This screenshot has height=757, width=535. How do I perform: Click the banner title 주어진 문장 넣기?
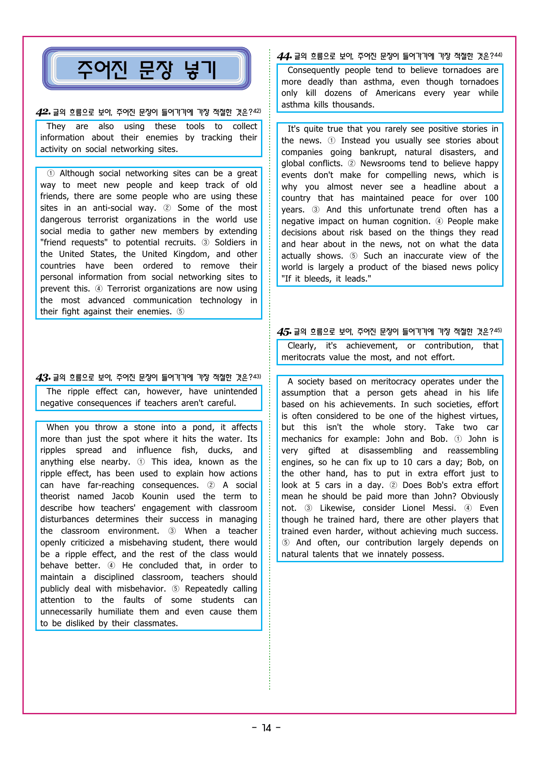pos(146,69)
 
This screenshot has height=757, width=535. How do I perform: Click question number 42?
pos(43,112)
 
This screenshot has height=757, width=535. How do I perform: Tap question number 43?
pos(43,377)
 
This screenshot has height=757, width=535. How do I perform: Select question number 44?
pos(284,56)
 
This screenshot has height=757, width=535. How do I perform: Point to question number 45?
pos(284,332)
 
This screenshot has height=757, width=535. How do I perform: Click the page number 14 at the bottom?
pos(267,728)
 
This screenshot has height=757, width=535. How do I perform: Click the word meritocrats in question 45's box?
pos(303,358)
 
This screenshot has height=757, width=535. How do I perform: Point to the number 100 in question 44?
pos(491,198)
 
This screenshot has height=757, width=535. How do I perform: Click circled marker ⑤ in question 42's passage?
pos(180,312)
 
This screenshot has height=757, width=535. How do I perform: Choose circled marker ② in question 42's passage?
pos(167,208)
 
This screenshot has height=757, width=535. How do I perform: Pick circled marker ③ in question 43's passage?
pos(172,531)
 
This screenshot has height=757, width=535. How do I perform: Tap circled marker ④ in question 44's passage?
pos(439,222)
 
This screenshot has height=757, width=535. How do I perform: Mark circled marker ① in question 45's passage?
pos(458,439)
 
